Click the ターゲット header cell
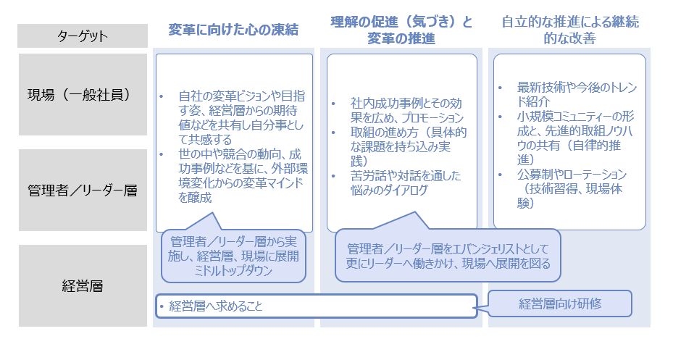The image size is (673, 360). click(x=83, y=35)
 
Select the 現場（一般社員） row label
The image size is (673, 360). click(x=83, y=95)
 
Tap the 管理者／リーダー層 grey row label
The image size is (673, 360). click(x=83, y=191)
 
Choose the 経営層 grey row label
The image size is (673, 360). click(x=83, y=285)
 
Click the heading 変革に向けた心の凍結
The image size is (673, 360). click(x=233, y=30)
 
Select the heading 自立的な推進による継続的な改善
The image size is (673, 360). click(x=569, y=30)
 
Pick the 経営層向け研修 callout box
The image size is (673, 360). click(x=560, y=304)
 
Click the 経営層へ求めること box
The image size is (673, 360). click(x=316, y=306)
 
